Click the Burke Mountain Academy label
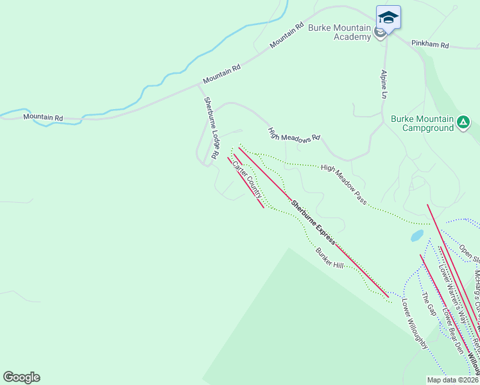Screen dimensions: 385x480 [x=339, y=32]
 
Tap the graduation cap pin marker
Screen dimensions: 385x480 [x=388, y=17]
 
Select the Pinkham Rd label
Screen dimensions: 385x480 [x=431, y=45]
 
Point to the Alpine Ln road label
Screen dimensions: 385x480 [x=385, y=84]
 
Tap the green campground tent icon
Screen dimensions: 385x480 [x=463, y=121]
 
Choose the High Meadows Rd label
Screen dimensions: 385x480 [x=294, y=134]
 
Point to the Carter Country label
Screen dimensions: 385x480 [x=247, y=178]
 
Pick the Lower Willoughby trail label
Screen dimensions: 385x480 [x=415, y=323]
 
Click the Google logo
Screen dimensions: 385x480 [x=21, y=377]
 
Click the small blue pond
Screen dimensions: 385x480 [x=417, y=235]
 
